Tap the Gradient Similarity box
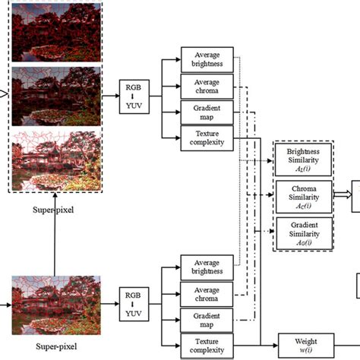coord(304,233)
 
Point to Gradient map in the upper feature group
coord(203,114)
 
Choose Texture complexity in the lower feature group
coord(203,346)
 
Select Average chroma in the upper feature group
coord(203,87)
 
